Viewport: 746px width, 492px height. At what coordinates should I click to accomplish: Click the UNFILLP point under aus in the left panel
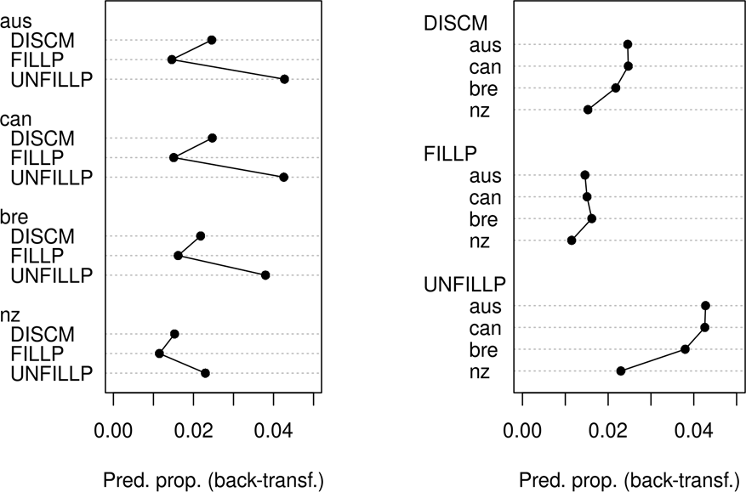[x=284, y=79]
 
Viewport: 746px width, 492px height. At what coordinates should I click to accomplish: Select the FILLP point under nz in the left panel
[x=159, y=353]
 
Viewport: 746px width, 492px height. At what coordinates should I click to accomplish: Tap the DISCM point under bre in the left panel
[x=201, y=235]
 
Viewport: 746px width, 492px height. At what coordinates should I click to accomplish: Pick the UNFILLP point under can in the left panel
[x=284, y=177]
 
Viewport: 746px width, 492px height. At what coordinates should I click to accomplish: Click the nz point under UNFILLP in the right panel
[x=621, y=370]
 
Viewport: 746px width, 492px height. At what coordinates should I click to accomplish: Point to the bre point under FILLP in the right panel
[x=592, y=218]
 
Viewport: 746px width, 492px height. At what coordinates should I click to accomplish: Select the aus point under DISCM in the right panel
[x=628, y=44]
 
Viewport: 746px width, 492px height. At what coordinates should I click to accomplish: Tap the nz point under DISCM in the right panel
[x=588, y=110]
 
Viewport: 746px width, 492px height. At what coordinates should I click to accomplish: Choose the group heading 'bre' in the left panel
[x=14, y=218]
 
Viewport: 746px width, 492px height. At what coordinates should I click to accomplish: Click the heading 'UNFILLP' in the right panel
[x=465, y=284]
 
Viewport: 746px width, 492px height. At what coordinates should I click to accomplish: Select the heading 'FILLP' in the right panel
[x=451, y=154]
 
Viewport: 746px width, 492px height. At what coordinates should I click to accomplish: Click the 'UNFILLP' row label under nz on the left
[x=52, y=373]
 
